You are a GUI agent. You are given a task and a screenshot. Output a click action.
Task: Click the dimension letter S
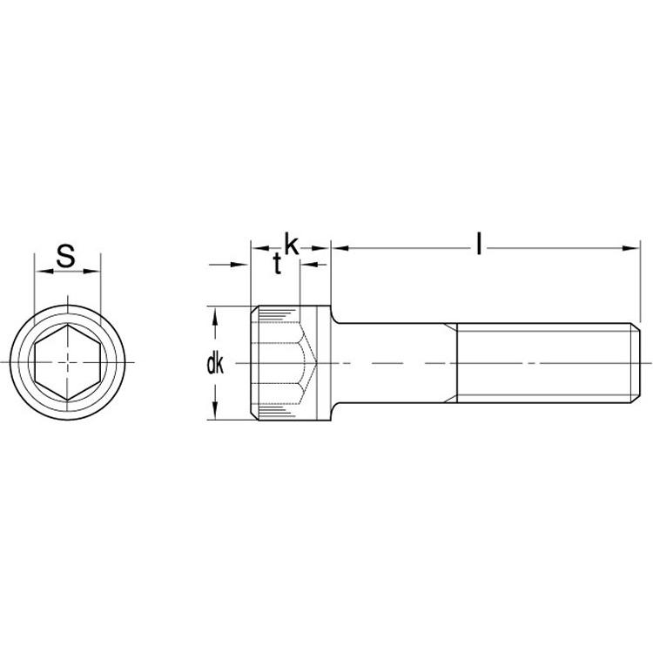pos(66,256)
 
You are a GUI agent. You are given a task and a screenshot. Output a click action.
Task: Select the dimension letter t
pos(278,264)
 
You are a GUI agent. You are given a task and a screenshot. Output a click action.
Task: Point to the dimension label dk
pos(215,365)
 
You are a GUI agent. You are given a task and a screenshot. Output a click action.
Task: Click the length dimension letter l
pos(479,243)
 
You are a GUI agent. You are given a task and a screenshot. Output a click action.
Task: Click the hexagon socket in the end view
pos(67,363)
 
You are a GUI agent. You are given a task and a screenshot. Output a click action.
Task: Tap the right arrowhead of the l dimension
pos(630,249)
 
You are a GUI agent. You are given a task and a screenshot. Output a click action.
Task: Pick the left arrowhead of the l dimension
pos(340,249)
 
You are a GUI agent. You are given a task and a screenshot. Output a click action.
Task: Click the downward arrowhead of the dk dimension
pos(215,410)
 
